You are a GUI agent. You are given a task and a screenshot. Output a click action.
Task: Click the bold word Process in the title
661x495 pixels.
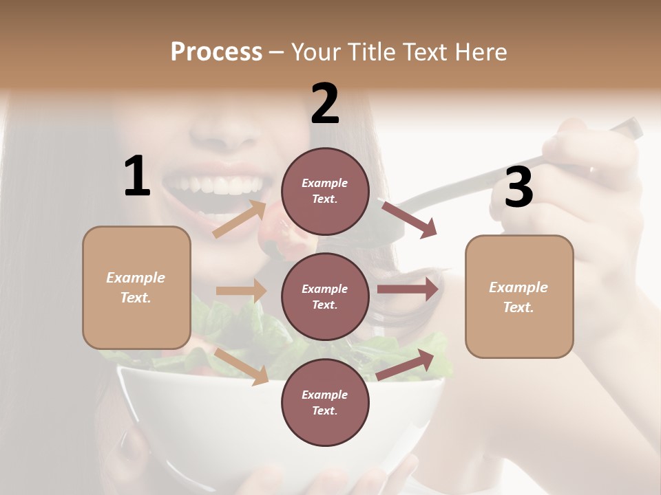[216, 52]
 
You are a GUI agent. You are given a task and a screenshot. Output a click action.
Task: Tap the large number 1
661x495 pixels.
[137, 177]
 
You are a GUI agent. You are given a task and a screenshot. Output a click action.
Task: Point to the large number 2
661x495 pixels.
[325, 104]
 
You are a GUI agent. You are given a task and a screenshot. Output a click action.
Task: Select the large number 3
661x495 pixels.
[518, 188]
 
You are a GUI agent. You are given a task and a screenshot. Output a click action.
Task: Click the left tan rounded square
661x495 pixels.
[136, 287]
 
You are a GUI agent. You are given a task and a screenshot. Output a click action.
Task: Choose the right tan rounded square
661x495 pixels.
[519, 296]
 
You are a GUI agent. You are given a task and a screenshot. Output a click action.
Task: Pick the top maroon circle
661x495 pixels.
[325, 191]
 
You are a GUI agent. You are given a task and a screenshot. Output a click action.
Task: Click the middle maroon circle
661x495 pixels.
[325, 296]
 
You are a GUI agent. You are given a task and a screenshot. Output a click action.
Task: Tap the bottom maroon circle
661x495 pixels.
[325, 402]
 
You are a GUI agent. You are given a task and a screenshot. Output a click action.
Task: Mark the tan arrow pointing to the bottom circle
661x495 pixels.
[241, 366]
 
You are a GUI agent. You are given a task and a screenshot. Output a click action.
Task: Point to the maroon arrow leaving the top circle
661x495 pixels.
[408, 219]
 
